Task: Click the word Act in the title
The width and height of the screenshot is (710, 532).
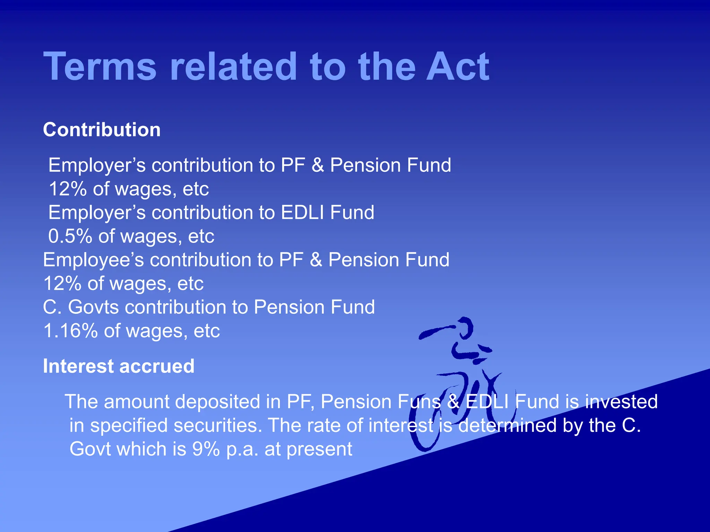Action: tap(458, 66)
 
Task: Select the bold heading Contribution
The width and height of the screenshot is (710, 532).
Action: tap(102, 130)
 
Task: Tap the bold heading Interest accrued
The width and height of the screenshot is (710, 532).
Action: tap(119, 366)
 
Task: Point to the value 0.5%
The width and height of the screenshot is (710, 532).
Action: tap(70, 236)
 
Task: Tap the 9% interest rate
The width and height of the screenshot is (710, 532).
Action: tap(206, 449)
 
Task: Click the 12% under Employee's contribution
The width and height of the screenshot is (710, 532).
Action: tap(62, 284)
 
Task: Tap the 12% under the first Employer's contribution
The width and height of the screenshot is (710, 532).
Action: tap(68, 189)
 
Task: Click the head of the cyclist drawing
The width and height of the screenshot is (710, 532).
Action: tap(465, 327)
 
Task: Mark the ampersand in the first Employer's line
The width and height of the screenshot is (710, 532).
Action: tap(318, 165)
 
